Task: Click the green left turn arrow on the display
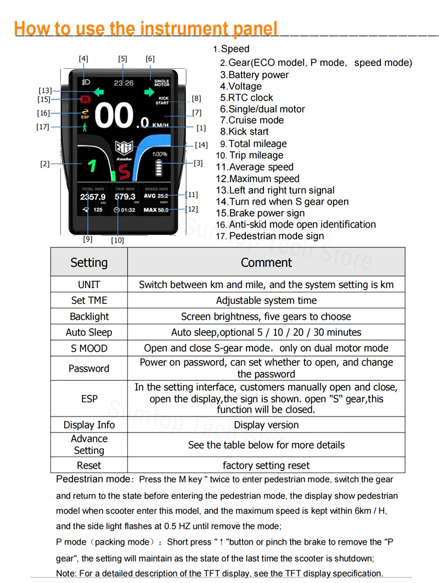click(x=99, y=92)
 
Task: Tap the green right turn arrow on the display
click(x=149, y=92)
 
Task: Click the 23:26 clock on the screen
click(x=123, y=83)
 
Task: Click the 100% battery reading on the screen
click(x=160, y=154)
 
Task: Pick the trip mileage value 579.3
click(x=125, y=197)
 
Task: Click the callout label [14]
click(x=201, y=145)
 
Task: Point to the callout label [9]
click(x=88, y=239)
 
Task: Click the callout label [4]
click(x=83, y=58)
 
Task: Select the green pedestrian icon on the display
click(x=85, y=127)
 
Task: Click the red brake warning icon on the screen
click(x=85, y=99)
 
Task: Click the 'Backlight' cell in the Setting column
click(x=89, y=317)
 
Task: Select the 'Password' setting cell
click(x=89, y=368)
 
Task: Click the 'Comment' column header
click(x=266, y=262)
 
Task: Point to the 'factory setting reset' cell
click(x=266, y=465)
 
